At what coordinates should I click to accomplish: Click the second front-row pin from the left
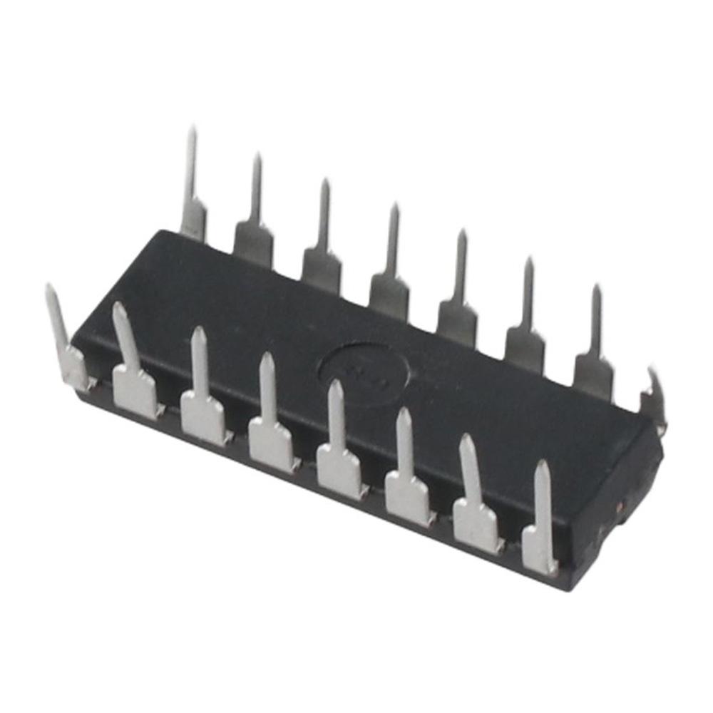pyautogui.click(x=132, y=371)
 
